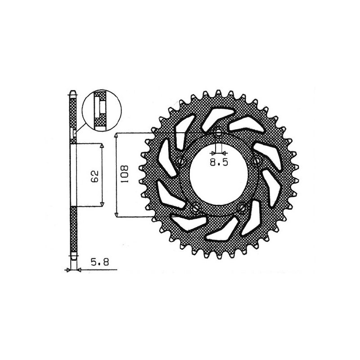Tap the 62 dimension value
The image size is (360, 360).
click(x=94, y=175)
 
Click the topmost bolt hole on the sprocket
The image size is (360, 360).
click(x=219, y=133)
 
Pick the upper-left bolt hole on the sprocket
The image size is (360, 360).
click(x=181, y=161)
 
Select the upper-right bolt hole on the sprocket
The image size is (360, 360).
click(x=257, y=161)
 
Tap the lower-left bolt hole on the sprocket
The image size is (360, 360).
click(x=196, y=207)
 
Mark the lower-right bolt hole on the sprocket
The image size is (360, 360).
click(x=243, y=207)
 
